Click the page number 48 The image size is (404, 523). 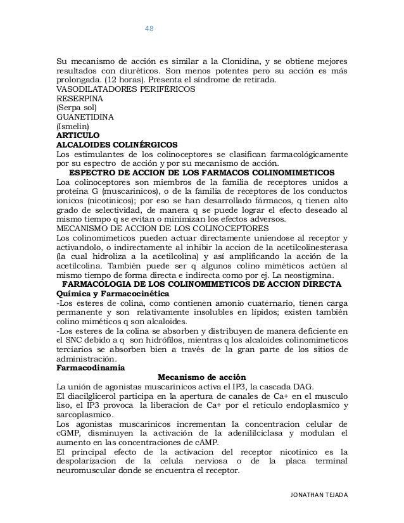click(150, 29)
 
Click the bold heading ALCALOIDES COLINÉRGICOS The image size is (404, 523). click(117, 145)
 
